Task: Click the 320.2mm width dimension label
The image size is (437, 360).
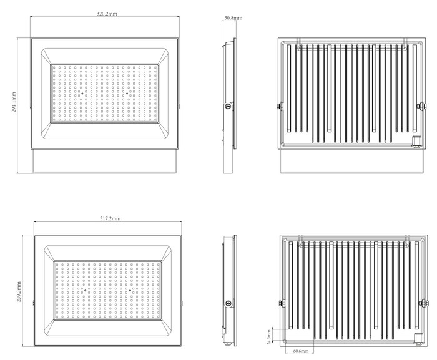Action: coord(107,14)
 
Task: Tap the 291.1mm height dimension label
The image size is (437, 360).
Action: coord(14,102)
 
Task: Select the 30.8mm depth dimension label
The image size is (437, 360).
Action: coord(233,18)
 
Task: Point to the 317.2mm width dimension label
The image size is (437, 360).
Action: coord(110,218)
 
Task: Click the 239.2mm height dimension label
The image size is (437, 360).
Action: coord(19,292)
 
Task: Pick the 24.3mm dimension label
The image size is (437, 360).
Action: coord(269,336)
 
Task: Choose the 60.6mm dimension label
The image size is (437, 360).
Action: coord(301,351)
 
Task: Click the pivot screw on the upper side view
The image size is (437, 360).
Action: coord(229,106)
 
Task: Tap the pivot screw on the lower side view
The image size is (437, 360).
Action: coord(229,303)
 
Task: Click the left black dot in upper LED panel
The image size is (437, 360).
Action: coord(82,94)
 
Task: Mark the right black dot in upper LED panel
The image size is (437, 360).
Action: coord(127,94)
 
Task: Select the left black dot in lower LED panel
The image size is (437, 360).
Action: coord(86,291)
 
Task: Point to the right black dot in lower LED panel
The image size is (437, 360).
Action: coord(130,291)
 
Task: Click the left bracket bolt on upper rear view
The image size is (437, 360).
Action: coord(280,106)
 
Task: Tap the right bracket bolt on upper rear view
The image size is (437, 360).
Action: coord(421,106)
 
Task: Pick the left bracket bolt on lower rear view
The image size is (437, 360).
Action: coord(282,303)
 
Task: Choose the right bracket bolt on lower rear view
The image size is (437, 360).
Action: coord(424,303)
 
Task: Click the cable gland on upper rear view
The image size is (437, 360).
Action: coord(417,141)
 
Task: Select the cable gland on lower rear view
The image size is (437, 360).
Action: coord(419,338)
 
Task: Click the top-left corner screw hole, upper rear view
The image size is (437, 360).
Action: coord(283,43)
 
